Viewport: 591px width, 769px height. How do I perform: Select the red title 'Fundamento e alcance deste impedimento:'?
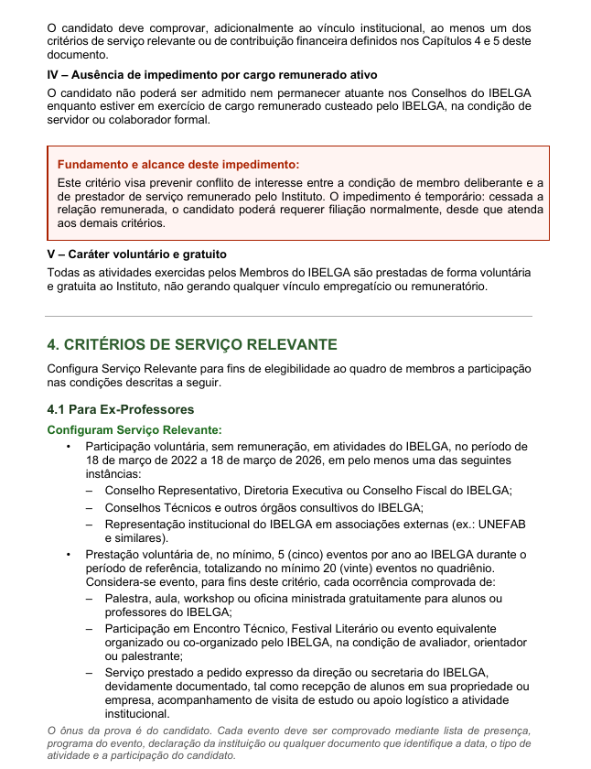tap(177, 165)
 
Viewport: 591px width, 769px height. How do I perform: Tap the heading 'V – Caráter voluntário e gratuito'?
tap(136, 254)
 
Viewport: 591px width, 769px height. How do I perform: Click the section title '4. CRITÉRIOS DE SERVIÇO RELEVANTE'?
tap(192, 344)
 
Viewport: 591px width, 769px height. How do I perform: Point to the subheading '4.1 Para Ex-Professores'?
tap(121, 409)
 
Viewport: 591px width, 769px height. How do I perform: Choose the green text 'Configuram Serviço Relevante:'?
tap(134, 429)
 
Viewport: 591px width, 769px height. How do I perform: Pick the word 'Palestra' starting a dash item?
tap(126, 598)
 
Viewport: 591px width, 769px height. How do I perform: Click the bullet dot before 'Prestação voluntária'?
tap(68, 554)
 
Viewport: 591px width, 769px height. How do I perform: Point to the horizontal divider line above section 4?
tap(289, 317)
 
